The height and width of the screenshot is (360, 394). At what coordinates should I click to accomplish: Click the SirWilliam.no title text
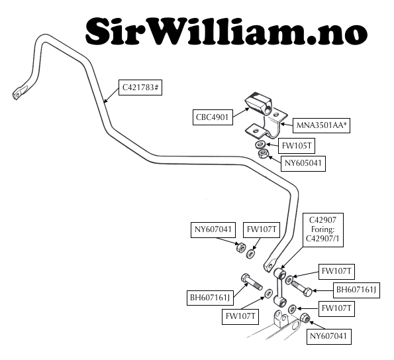[x=226, y=31]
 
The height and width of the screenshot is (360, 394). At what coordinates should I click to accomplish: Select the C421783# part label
[x=140, y=88]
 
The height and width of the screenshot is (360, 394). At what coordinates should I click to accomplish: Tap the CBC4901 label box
[x=213, y=117]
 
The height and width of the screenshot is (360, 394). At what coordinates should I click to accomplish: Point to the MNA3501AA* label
[x=321, y=125]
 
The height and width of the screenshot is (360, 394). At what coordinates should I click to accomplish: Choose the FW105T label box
[x=297, y=146]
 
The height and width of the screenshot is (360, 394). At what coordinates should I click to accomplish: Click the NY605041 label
[x=303, y=164]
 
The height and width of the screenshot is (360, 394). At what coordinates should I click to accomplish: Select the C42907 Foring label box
[x=323, y=230]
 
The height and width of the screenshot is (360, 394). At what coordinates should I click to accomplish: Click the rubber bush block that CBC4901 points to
[x=258, y=103]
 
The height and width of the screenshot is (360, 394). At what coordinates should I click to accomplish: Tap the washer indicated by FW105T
[x=260, y=145]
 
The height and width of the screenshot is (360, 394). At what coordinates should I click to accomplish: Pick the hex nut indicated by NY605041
[x=263, y=153]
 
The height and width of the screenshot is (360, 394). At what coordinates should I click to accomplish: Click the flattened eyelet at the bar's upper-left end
[x=20, y=92]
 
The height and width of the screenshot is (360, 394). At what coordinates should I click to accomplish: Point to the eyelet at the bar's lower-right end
[x=270, y=266]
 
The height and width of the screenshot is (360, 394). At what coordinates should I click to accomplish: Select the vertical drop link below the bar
[x=279, y=287]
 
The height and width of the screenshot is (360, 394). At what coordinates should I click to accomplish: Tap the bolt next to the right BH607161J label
[x=301, y=289]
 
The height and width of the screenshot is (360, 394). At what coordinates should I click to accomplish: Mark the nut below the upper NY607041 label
[x=240, y=247]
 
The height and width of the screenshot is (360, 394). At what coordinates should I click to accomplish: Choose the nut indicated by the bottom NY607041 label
[x=305, y=318]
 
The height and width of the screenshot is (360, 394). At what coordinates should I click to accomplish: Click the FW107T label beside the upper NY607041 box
[x=262, y=229]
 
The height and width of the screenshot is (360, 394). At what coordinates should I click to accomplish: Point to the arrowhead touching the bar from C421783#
[x=105, y=101]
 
